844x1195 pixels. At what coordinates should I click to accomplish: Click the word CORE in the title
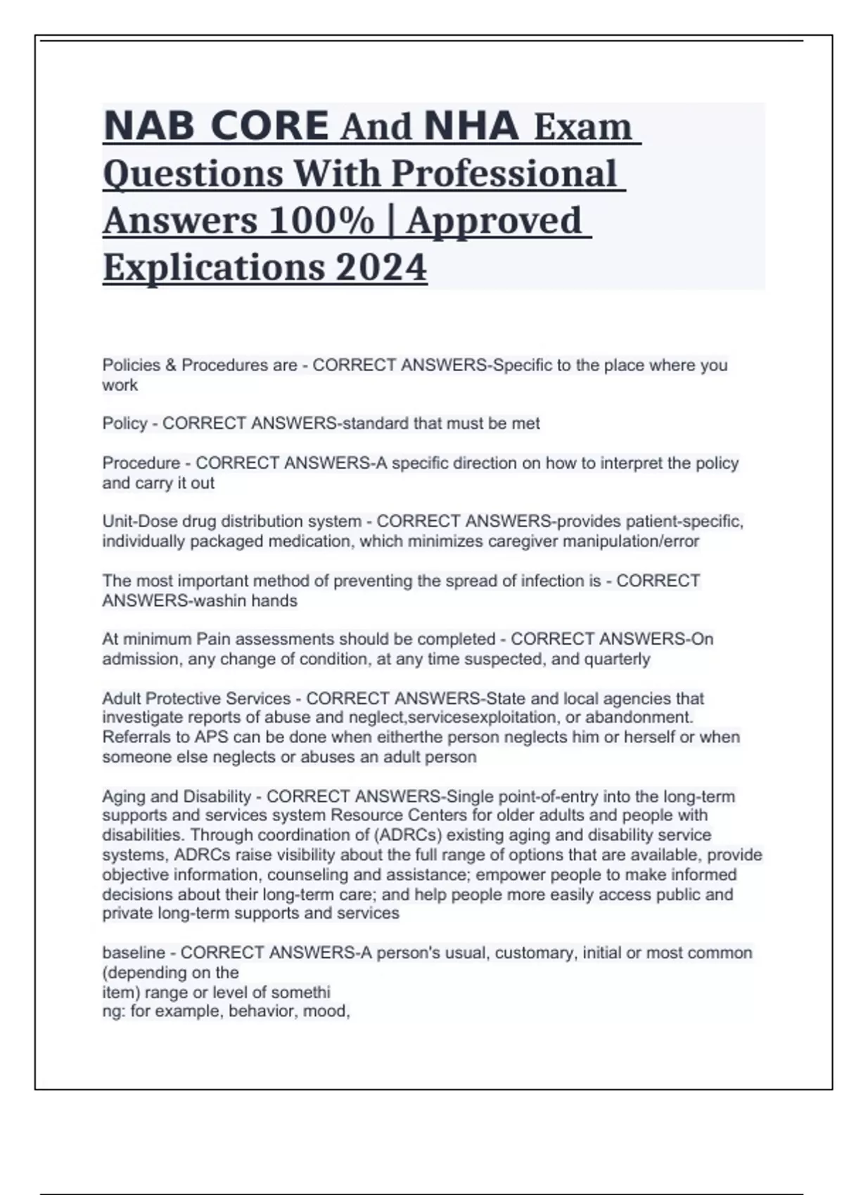pos(269,127)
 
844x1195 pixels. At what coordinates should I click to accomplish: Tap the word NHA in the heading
pos(472,127)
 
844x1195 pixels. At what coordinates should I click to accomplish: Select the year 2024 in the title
pos(381,268)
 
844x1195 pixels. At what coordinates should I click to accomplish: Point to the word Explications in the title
pos(214,268)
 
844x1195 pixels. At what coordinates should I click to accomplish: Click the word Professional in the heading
pos(504,174)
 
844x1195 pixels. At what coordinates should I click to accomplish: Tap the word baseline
pos(134,953)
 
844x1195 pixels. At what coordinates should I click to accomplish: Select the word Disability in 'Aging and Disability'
pos(217,797)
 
